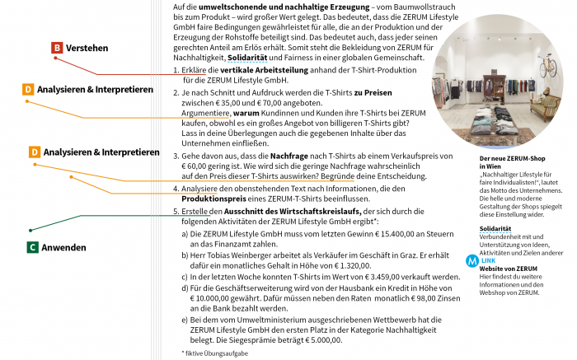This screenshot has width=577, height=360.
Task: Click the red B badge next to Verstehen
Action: coord(57,48)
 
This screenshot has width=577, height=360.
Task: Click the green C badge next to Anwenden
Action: coord(32,246)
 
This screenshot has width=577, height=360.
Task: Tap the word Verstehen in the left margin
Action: coord(87,49)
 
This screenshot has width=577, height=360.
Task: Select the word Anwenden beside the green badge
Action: coord(64,246)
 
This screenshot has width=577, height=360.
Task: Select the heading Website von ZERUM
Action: coord(508,269)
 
